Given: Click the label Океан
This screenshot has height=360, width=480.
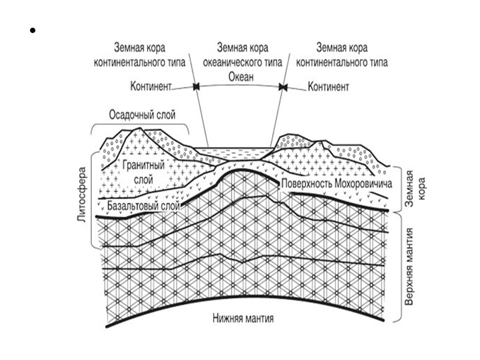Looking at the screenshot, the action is (x=241, y=77).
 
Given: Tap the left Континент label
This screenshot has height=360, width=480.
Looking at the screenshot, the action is (x=150, y=87).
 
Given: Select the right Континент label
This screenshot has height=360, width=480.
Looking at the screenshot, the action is (x=328, y=87).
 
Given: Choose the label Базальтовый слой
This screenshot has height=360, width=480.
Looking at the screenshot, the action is (x=144, y=206).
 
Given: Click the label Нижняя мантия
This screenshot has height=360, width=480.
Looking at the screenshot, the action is (x=243, y=319).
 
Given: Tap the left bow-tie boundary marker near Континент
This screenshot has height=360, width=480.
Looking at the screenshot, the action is (x=196, y=88).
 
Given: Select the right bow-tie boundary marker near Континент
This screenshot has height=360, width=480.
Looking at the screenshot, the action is (x=283, y=88).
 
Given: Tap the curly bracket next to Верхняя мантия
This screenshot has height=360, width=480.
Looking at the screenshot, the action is (x=398, y=267).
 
